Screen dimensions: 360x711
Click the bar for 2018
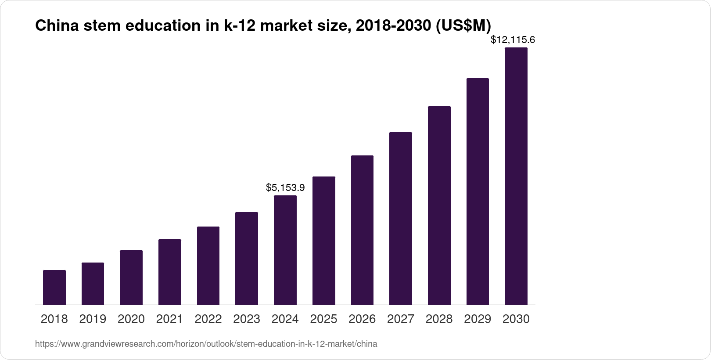pyautogui.click(x=54, y=287)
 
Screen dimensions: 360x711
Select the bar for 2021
pyautogui.click(x=170, y=272)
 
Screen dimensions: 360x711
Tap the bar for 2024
pyautogui.click(x=285, y=250)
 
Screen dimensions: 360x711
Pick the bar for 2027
pyautogui.click(x=400, y=218)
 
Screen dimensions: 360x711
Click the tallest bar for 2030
pyautogui.click(x=516, y=176)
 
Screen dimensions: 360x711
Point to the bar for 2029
pyautogui.click(x=478, y=191)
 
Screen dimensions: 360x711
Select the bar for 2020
pyautogui.click(x=131, y=277)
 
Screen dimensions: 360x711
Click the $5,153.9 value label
pyautogui.click(x=285, y=188)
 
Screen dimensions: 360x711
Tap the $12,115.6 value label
pyautogui.click(x=513, y=40)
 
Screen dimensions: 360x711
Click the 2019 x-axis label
pyautogui.click(x=93, y=319)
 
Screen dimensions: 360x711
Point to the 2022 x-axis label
pyautogui.click(x=208, y=319)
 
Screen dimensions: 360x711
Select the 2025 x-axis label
pyautogui.click(x=323, y=319)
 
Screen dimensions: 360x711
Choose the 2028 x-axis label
pyautogui.click(x=439, y=319)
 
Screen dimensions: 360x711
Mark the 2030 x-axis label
pyautogui.click(x=516, y=319)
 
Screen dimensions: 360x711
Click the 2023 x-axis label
pyautogui.click(x=247, y=319)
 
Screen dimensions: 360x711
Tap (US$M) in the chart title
pyautogui.click(x=463, y=26)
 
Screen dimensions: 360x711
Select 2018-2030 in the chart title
pyautogui.click(x=393, y=26)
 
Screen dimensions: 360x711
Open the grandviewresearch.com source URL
pyautogui.click(x=206, y=344)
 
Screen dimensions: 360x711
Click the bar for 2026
pyautogui.click(x=362, y=230)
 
